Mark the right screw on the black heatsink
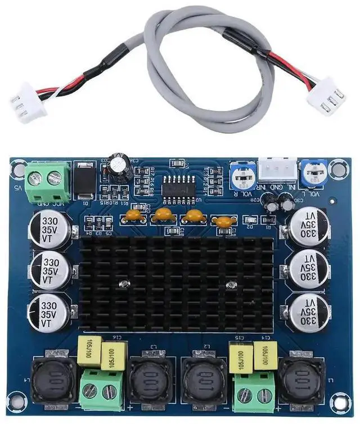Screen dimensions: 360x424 [x=229, y=287]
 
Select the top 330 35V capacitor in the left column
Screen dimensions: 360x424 [x=50, y=228]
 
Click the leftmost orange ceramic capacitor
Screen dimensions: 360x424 [x=133, y=214]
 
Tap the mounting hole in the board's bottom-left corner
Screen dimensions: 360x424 [x=19, y=401]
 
